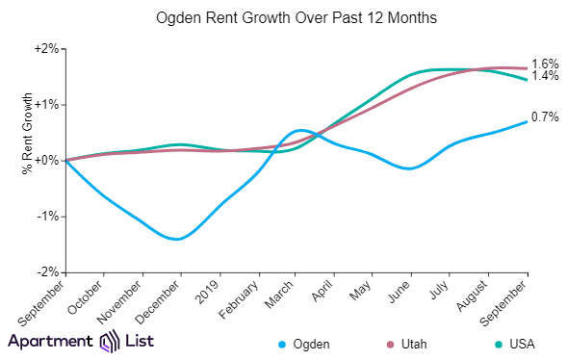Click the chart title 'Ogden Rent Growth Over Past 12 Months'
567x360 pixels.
[x=283, y=18]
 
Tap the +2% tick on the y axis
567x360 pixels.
[x=46, y=48]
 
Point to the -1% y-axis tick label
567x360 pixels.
[x=48, y=217]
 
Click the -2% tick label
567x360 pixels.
[x=48, y=272]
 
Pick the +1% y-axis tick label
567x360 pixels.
[x=46, y=104]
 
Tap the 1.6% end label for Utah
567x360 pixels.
[x=545, y=64]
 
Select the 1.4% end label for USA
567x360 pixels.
[x=545, y=77]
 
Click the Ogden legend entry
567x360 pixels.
[x=306, y=344]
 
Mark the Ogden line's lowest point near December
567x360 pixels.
[x=177, y=239]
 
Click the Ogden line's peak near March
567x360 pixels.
[x=300, y=129]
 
